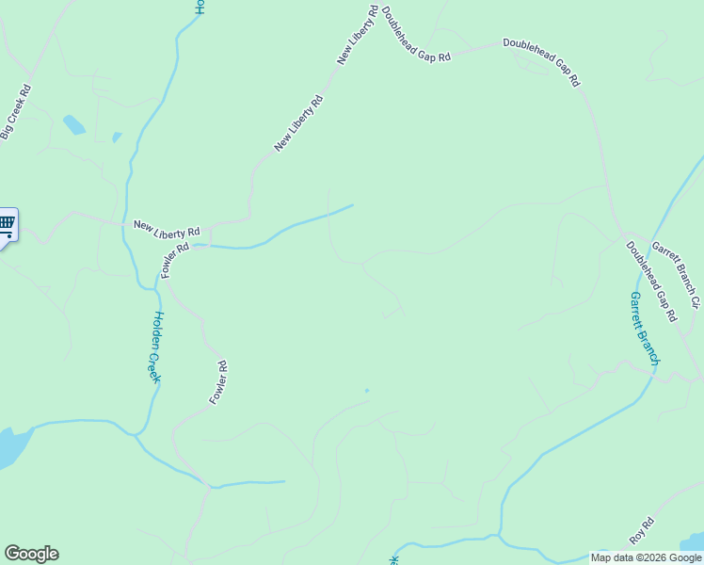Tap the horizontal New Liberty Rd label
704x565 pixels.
pos(167,228)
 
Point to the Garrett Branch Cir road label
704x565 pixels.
pos(677,272)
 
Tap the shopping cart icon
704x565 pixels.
pos(7,223)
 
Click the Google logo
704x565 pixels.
pos(31,554)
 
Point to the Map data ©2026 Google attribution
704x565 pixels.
pos(646,557)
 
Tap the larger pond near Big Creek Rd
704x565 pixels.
pos(73,124)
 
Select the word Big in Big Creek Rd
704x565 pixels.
pos(8,131)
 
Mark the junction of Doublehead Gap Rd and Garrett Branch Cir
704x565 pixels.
pos(622,233)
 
